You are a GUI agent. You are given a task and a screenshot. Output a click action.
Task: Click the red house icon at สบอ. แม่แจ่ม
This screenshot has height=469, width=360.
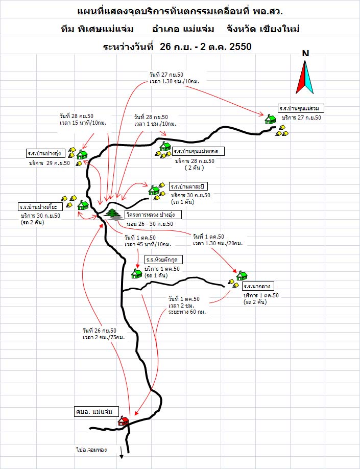tap(123, 421)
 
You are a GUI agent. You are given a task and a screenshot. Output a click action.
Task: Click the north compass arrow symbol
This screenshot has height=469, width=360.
tap(305, 77)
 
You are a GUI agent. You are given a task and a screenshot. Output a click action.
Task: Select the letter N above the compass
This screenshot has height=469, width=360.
tap(305, 54)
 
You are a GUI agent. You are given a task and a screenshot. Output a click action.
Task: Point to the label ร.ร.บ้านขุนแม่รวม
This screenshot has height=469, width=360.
tap(302, 108)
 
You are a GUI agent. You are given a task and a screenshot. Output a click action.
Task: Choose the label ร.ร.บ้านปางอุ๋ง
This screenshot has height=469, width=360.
tap(46, 153)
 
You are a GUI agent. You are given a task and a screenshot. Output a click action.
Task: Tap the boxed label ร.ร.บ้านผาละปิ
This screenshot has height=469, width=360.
tap(189, 185)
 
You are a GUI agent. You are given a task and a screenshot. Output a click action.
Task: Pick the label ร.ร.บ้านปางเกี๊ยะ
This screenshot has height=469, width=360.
tap(40, 207)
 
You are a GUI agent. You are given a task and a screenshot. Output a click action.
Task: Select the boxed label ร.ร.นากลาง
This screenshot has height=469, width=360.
tap(260, 287)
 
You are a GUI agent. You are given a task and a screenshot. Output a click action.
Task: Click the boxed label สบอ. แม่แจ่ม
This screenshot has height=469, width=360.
tap(95, 411)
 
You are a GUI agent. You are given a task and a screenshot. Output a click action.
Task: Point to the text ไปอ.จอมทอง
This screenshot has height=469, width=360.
tap(91, 450)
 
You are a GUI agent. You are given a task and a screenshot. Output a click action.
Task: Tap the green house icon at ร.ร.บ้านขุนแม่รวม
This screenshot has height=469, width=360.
tap(270, 119)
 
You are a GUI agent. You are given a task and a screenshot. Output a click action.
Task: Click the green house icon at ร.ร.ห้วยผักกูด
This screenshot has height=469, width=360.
tap(137, 273)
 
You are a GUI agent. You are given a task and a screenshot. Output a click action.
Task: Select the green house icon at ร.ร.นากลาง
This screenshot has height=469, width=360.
tap(242, 276)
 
